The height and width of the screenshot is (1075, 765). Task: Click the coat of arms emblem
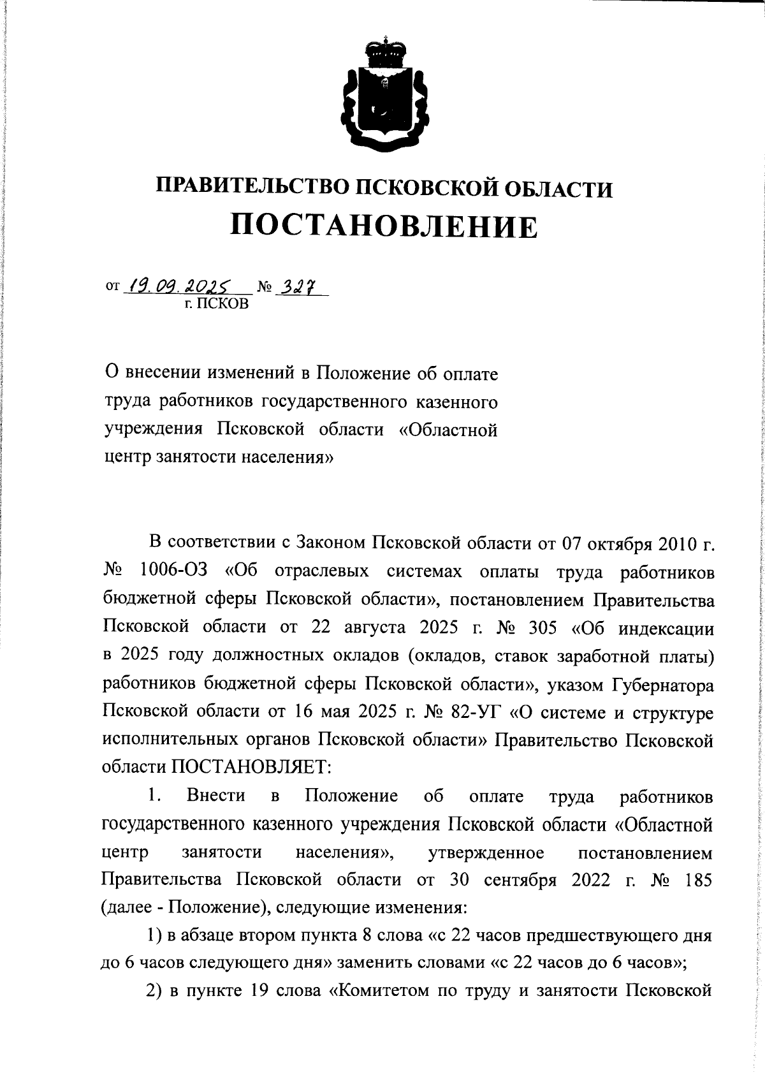(x=383, y=96)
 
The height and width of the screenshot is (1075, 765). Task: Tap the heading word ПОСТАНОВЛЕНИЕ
(x=383, y=226)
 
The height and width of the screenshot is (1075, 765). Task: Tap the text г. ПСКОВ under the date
(x=216, y=304)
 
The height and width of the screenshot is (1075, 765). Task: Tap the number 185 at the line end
(x=697, y=880)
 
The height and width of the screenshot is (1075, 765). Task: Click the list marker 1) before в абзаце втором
(x=156, y=936)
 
